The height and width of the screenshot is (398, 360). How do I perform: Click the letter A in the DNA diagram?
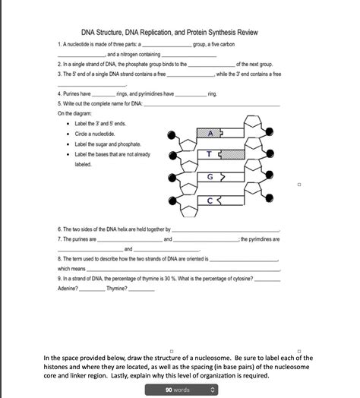(x=199, y=133)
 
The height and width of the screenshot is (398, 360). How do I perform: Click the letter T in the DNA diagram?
(x=199, y=156)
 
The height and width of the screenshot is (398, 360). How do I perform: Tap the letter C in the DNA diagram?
(x=199, y=201)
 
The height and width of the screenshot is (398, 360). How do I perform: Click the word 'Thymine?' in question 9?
(x=117, y=289)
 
